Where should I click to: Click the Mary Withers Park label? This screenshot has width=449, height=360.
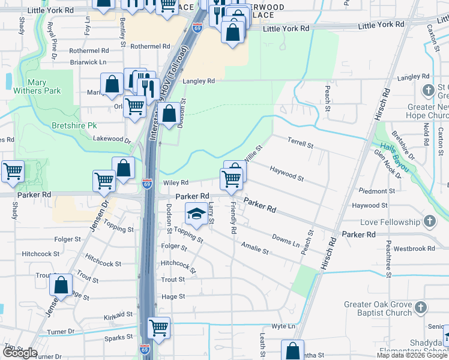tap(44, 86)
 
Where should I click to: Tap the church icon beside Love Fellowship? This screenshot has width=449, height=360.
tap(429, 222)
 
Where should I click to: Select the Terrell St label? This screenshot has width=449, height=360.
tap(300, 145)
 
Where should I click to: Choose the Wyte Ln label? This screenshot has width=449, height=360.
tap(284, 326)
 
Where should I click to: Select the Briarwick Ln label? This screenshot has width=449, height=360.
tap(88, 62)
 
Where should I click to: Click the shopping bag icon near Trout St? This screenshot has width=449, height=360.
tap(61, 286)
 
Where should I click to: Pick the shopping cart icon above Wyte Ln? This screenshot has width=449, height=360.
tap(158, 328)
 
